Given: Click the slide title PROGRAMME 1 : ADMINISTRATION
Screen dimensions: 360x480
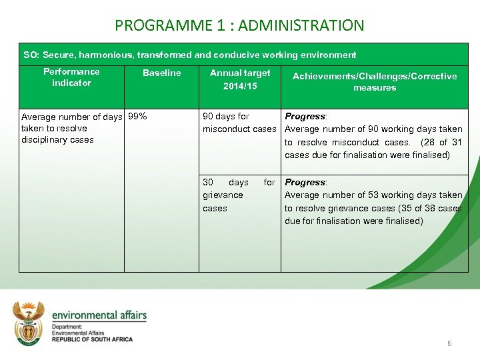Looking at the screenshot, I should coord(239,26).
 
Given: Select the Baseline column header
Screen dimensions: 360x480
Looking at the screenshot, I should coord(161,73).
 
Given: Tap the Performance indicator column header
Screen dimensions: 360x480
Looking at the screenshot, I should coord(71,77).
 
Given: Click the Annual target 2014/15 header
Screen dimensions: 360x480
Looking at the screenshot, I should coord(240,79).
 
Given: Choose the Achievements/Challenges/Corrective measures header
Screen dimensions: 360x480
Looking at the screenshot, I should coord(375,81).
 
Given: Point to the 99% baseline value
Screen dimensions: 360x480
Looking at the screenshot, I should coord(137,116).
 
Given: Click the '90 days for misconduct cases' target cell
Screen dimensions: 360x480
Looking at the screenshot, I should coord(239,123).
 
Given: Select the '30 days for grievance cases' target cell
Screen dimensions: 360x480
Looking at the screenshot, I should coord(239,195).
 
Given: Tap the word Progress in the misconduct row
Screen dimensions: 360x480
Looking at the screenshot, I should coord(304,116).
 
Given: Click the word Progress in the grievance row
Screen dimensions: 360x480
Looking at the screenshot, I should coord(304,182).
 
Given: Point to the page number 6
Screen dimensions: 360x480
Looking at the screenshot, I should coord(449,343).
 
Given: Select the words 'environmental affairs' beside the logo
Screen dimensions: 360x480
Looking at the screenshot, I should coord(99,315).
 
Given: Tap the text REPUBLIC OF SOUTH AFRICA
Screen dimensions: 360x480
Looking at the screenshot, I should coord(92,339).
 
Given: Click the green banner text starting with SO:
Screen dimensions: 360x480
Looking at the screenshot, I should coord(190,55).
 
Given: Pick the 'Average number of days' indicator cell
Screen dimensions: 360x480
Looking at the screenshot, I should coord(71,128).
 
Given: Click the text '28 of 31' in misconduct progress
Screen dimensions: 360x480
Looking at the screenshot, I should coord(441,142).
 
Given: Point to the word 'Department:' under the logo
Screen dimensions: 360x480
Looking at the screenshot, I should coord(67,327).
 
